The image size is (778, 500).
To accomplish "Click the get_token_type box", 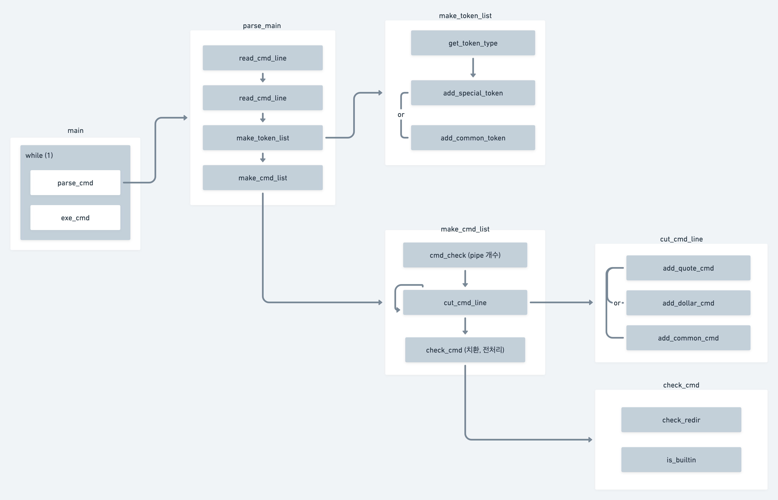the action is [x=473, y=43].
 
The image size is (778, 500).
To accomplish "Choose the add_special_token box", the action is [x=473, y=93].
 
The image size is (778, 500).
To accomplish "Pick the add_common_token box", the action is [x=473, y=138].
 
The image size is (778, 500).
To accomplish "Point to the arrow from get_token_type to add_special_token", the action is [x=473, y=68].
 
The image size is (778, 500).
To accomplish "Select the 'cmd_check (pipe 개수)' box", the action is [x=465, y=255].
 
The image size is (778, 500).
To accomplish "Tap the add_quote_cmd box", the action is [x=688, y=268].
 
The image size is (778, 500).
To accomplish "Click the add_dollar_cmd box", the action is [x=688, y=303].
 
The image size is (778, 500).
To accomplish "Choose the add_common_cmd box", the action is [x=688, y=338].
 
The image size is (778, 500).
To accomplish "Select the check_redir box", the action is [x=681, y=420].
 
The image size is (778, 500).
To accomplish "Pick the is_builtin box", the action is [x=681, y=460].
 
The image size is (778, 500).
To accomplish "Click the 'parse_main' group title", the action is [x=262, y=26].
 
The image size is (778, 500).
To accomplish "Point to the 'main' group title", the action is [x=75, y=131].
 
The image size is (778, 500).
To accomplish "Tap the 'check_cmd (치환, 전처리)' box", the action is [x=465, y=350].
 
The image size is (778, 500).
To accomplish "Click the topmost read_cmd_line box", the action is [x=263, y=58].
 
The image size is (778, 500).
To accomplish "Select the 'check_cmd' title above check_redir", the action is [x=681, y=385].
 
